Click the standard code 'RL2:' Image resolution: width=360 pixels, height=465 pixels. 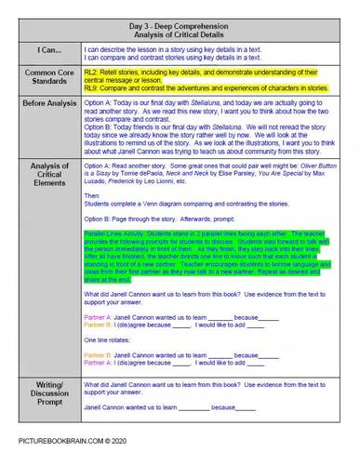pyautogui.click(x=91, y=70)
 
